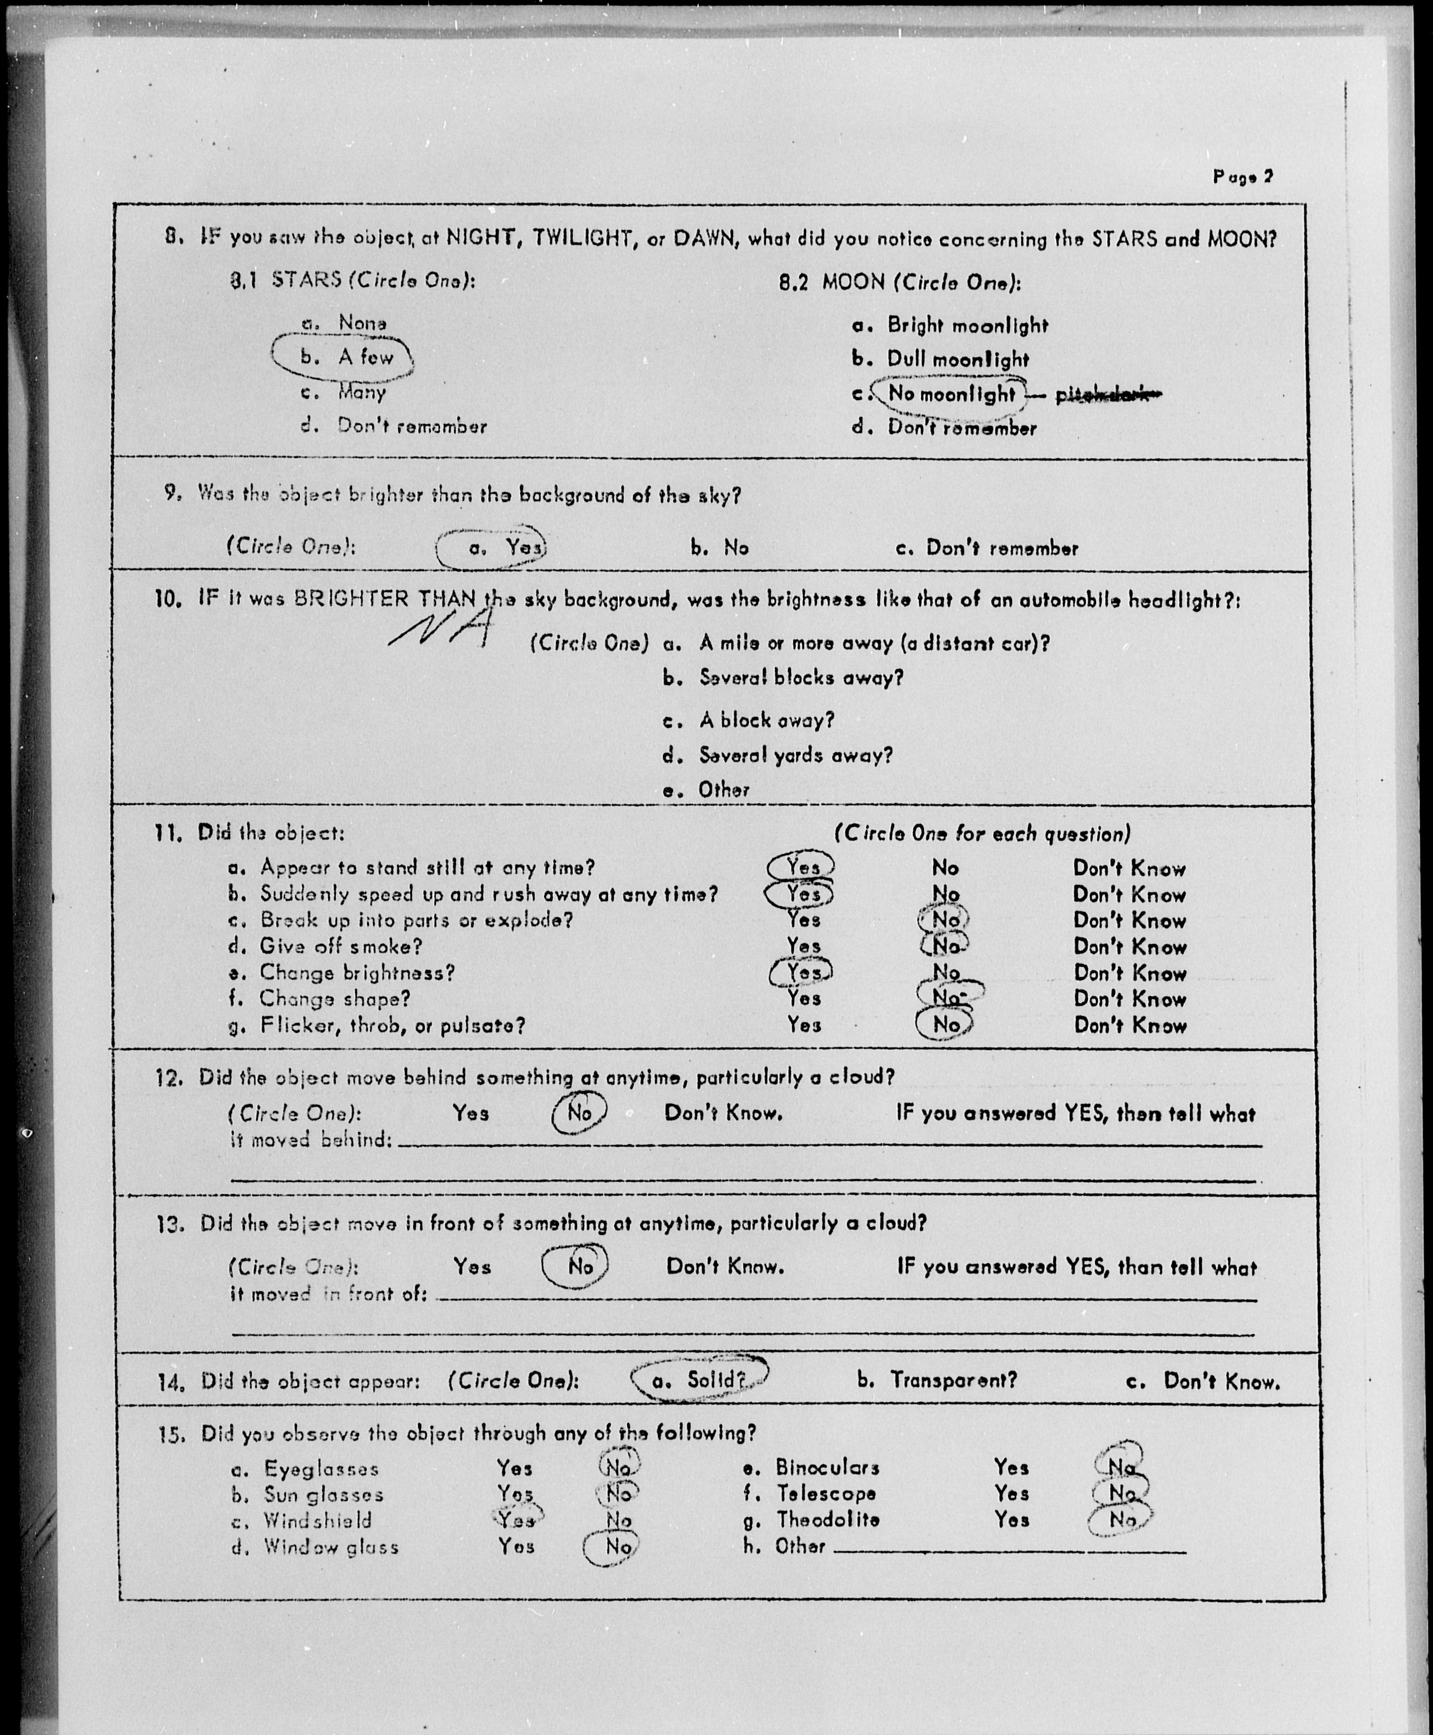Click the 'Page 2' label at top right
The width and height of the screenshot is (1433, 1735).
1242,176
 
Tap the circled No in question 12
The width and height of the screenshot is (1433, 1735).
579,1113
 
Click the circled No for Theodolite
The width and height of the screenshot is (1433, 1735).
1121,1519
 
